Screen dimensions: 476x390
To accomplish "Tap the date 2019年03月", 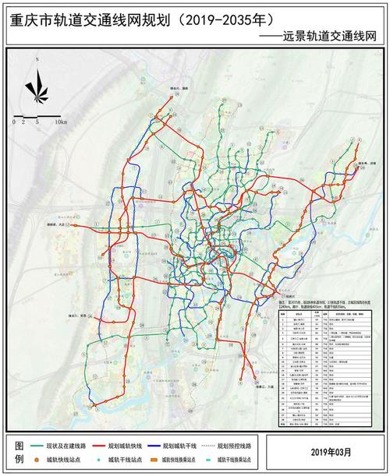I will click(x=330, y=451).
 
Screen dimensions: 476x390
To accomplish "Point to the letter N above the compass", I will click(x=34, y=72).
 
